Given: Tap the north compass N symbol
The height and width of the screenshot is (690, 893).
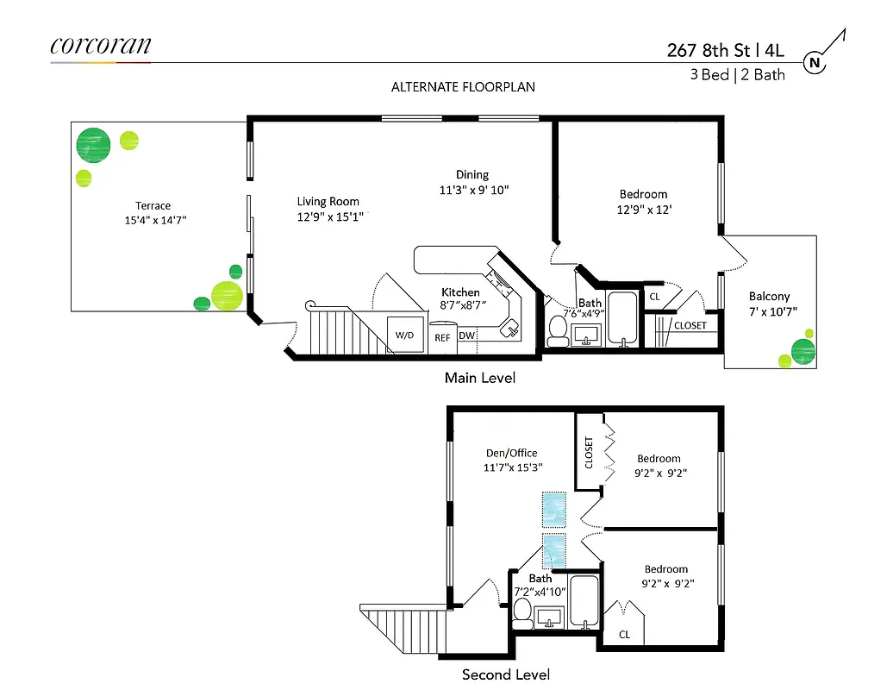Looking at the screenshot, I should click(813, 62).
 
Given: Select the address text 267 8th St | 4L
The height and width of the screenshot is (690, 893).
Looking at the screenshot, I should click(725, 49).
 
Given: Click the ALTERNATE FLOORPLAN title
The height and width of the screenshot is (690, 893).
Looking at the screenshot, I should click(463, 87).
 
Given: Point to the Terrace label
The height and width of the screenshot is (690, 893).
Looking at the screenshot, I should click(153, 206).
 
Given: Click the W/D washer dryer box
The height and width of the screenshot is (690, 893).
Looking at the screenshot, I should click(405, 335).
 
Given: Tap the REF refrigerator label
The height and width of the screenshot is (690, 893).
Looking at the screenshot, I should click(442, 338).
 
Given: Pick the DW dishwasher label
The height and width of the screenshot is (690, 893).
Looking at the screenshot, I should click(466, 336).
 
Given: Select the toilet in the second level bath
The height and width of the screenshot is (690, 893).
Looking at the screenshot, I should click(522, 611).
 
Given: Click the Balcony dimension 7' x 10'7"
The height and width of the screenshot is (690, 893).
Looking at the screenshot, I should click(769, 310).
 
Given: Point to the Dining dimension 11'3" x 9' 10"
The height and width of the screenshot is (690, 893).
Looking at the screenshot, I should click(474, 190).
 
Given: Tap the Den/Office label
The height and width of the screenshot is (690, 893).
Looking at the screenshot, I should click(511, 452).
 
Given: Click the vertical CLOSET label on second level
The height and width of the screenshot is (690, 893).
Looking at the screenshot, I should click(590, 452).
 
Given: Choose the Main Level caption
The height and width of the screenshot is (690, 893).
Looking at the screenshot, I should click(480, 378).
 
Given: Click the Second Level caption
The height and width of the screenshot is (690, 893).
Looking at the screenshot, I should click(506, 674).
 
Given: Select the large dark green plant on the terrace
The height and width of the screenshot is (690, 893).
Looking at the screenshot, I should click(93, 145).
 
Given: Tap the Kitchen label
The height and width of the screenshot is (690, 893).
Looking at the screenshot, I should click(460, 292).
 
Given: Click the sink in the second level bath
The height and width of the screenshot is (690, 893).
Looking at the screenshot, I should click(548, 617).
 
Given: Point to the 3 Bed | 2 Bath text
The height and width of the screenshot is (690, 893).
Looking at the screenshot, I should click(737, 74).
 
